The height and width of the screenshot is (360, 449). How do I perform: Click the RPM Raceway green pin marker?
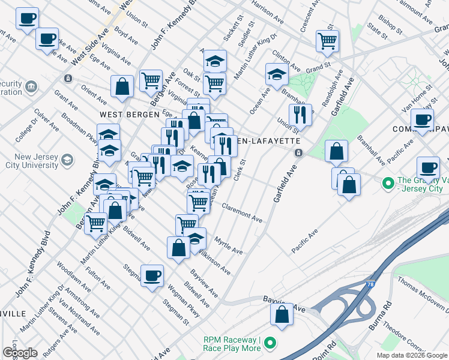pyautogui.click(x=270, y=344)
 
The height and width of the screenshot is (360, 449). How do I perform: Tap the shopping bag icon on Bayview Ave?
pyautogui.click(x=282, y=314)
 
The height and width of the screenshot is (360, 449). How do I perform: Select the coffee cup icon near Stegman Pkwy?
pyautogui.click(x=152, y=275)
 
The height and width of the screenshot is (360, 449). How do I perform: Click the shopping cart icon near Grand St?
pyautogui.click(x=327, y=41)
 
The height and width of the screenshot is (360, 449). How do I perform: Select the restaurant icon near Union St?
pyautogui.click(x=300, y=114)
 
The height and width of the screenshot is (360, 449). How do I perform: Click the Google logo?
pyautogui.click(x=20, y=352)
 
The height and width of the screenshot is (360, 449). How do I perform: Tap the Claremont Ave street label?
pyautogui.click(x=242, y=213)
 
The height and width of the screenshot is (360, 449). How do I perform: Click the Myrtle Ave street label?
pyautogui.click(x=228, y=245)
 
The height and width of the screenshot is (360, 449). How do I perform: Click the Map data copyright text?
pyautogui.click(x=412, y=355)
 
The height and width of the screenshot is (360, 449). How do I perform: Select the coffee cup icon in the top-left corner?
pyautogui.click(x=26, y=18)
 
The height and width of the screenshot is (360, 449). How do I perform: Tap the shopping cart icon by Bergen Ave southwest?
pyautogui.click(x=96, y=223)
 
